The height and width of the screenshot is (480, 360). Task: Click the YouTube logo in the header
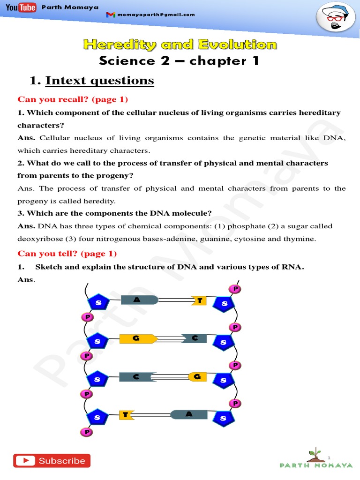coord(21,8)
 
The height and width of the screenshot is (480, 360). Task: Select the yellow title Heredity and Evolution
coord(180,45)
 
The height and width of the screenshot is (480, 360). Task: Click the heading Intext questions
coord(99,81)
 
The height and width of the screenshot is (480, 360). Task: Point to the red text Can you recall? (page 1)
coord(73,99)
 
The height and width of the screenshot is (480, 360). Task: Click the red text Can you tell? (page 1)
coord(67,254)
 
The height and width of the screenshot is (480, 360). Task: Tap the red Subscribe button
coord(52,461)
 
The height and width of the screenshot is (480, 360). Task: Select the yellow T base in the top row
coord(199,300)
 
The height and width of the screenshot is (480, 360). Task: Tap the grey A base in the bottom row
coord(188,414)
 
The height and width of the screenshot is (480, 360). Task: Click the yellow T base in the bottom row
coord(127,415)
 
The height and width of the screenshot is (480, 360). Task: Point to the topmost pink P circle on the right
coord(235,289)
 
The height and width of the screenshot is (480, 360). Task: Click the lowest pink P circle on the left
coord(87,432)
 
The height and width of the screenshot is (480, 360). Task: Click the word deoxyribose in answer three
coord(39,239)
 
